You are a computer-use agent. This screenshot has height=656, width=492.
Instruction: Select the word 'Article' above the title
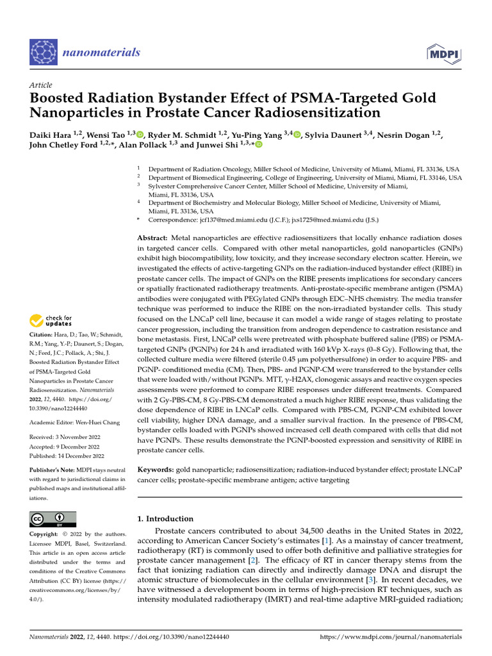[41, 85]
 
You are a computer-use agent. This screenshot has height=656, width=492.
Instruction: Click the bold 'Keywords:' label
[156, 470]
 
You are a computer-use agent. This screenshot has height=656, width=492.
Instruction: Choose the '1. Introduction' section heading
[165, 519]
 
